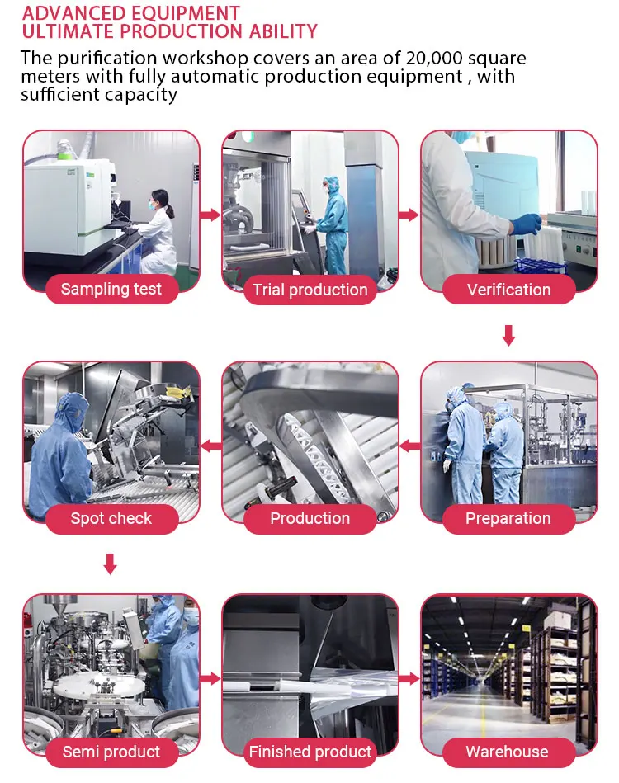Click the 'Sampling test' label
111,289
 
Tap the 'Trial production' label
309,290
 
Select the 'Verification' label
508,290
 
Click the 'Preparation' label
508,518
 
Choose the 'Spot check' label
111,518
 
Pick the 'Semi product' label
111,752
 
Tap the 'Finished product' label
309,752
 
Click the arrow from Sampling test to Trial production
210,215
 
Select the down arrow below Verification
508,336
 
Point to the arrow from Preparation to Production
409,446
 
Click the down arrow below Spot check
110,564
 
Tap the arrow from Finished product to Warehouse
409,679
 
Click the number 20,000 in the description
434,58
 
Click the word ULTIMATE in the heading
68,32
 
